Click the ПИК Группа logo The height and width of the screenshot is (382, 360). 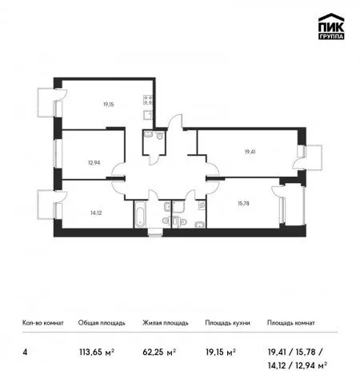[331, 26]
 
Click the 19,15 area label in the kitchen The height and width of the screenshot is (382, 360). [109, 105]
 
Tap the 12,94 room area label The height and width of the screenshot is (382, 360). [94, 162]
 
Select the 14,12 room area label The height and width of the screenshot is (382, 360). [96, 213]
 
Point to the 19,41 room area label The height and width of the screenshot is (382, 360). [250, 152]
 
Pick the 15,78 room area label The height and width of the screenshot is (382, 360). [243, 204]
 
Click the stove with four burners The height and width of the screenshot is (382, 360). [148, 100]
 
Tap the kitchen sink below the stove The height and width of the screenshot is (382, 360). [148, 115]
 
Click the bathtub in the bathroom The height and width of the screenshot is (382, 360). [140, 214]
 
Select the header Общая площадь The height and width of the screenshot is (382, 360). [102, 323]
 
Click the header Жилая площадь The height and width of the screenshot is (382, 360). [166, 323]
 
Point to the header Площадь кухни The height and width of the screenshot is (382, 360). [227, 323]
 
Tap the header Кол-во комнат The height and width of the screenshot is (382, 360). [43, 323]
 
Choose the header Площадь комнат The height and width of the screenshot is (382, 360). [291, 323]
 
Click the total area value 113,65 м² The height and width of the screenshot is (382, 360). [97, 352]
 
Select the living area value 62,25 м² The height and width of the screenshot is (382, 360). [159, 352]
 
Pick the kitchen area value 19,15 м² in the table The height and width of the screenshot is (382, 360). [221, 352]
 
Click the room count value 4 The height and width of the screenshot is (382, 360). [25, 352]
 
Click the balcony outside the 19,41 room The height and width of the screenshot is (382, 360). [314, 157]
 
